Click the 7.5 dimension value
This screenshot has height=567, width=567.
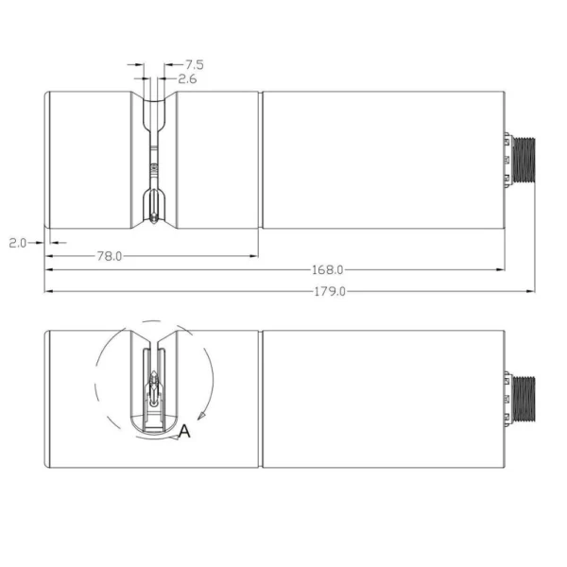coord(195,64)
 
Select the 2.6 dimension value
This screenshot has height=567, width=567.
coord(187,79)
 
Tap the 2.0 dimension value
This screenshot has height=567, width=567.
coord(17,243)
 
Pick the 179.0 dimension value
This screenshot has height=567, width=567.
coord(330,291)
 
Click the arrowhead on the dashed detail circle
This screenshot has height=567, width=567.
coord(201,416)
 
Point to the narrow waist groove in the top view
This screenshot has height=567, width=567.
coord(154,161)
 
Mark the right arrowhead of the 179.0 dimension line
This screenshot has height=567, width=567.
coord(531,291)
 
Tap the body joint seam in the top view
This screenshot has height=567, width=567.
coord(260,161)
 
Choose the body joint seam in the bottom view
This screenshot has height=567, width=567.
coord(260,399)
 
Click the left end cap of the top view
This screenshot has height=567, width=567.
coord(48,161)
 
